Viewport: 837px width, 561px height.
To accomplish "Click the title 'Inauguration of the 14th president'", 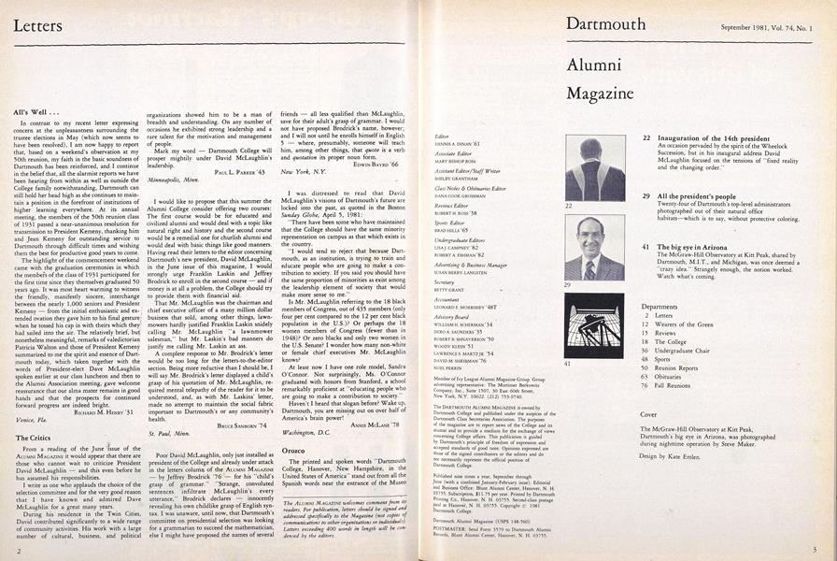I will (x=717, y=137).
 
